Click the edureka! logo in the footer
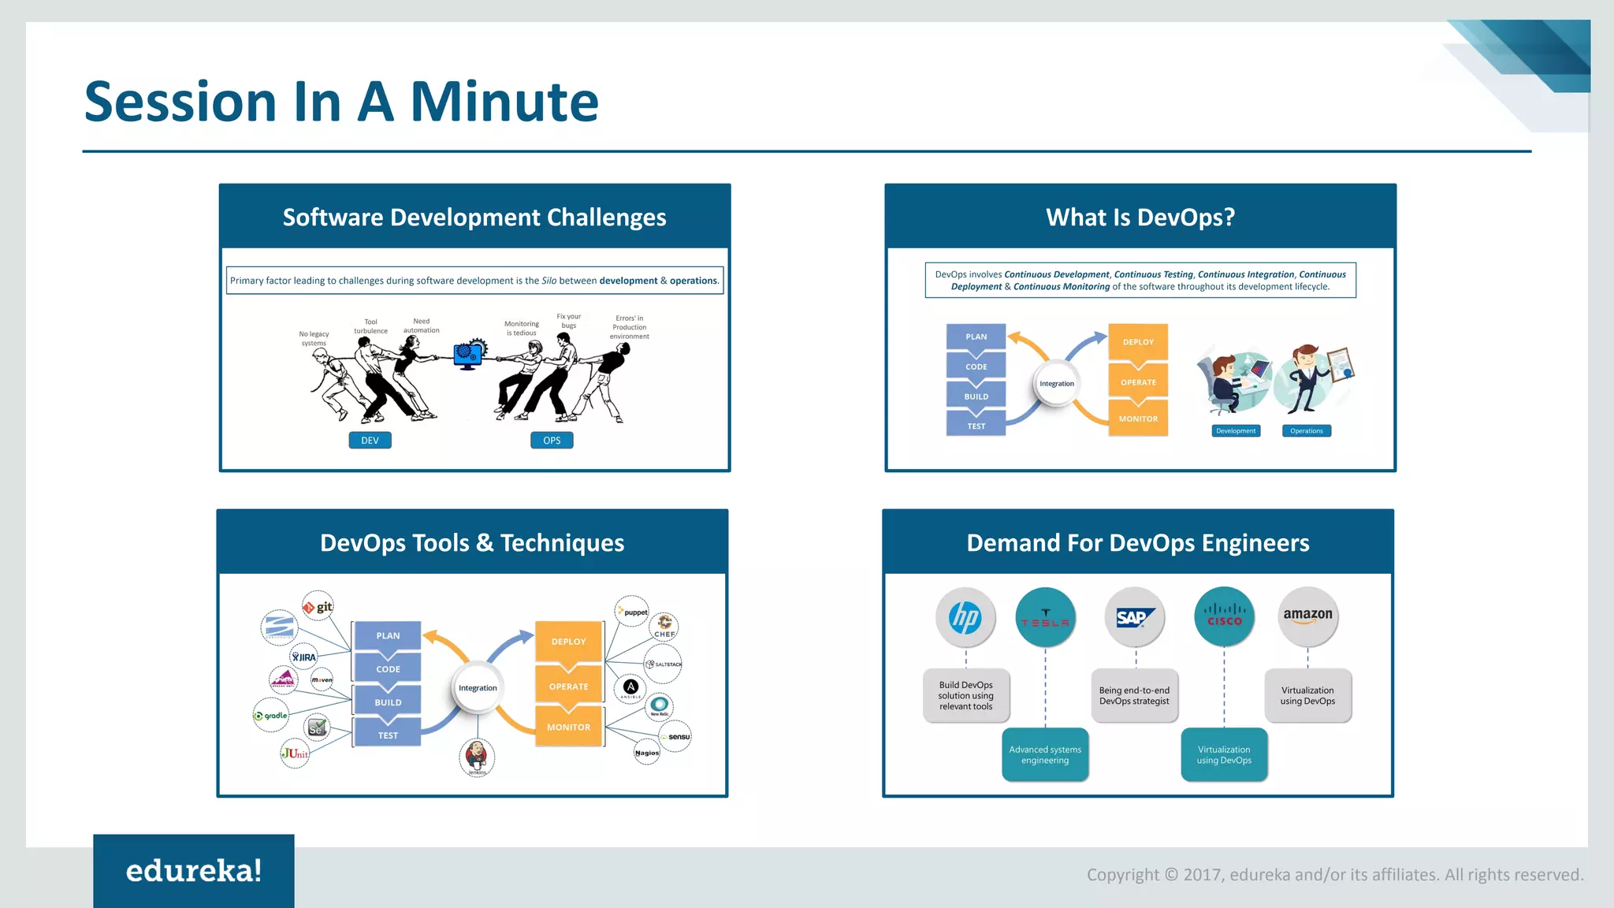194,871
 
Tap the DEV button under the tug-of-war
370,441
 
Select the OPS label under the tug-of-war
552,441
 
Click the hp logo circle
965,617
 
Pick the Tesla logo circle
1045,617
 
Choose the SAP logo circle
1135,617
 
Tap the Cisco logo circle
1224,617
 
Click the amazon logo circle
1307,617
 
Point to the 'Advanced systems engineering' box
1045,754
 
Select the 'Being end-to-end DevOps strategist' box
1134,695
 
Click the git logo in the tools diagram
318,607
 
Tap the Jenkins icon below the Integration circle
477,756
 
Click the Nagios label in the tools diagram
647,753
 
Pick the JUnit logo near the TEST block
295,754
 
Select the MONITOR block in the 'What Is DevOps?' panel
1138,419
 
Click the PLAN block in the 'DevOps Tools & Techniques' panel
388,635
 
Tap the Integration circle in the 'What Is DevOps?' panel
1056,384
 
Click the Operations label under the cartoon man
1307,431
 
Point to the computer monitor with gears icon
469,355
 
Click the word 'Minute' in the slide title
504,102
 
